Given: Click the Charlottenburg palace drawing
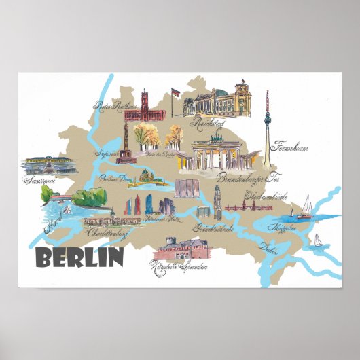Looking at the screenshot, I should (109, 219).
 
